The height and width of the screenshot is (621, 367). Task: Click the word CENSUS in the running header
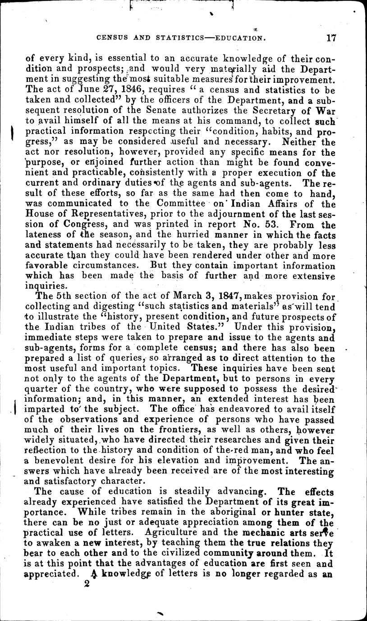116,39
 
